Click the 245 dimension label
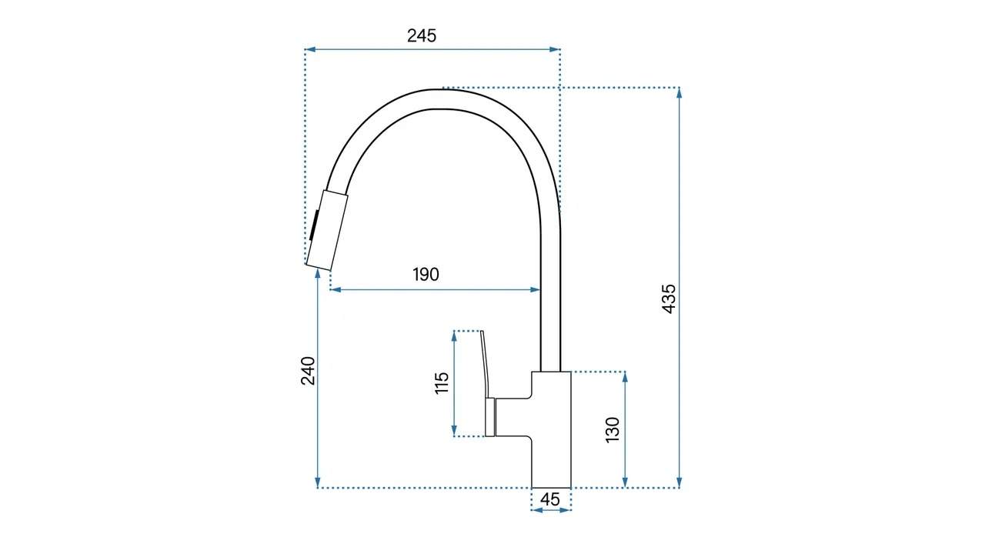click(x=421, y=36)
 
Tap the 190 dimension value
click(x=426, y=275)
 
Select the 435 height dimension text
click(x=669, y=299)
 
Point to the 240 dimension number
click(x=309, y=371)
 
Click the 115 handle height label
click(x=442, y=383)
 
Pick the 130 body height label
click(x=613, y=430)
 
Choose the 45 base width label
click(x=549, y=499)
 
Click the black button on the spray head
click(x=313, y=225)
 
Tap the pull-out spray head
click(x=327, y=230)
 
